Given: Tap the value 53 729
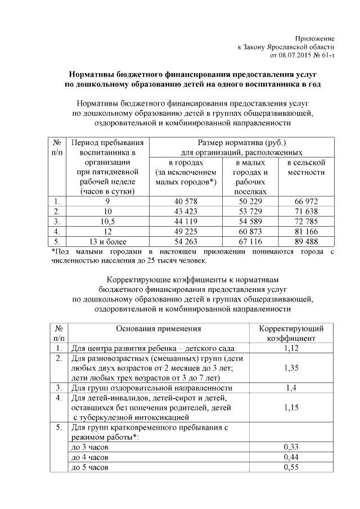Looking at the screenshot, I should point(250,211).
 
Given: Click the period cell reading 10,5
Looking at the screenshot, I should point(107,222).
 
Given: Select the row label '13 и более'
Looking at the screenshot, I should point(107,242).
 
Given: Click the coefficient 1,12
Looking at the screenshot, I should point(291,349).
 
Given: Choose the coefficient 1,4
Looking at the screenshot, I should point(291,388).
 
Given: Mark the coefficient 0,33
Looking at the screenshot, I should point(291,447).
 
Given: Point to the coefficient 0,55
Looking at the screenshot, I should point(291,467).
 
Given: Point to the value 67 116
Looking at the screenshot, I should point(250,242).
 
